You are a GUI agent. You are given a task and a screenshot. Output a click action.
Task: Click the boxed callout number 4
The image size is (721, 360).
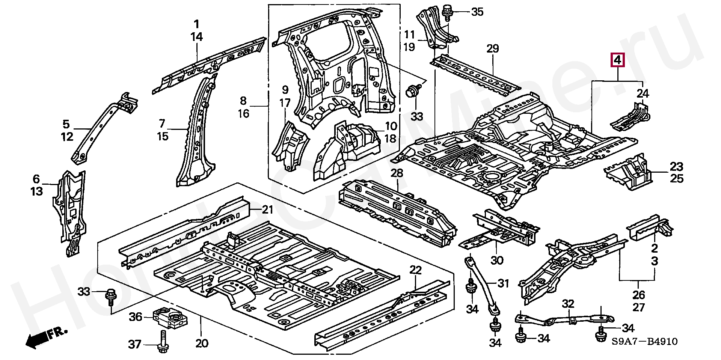pyautogui.click(x=618, y=60)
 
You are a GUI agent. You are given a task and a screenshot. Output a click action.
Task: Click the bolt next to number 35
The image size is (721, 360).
pyautogui.click(x=447, y=12)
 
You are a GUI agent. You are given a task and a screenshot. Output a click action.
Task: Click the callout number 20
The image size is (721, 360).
pyautogui.click(x=202, y=343)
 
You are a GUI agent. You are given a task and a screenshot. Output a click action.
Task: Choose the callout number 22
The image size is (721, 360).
pyautogui.click(x=416, y=270)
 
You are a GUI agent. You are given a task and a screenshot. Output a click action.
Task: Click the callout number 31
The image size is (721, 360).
pyautogui.click(x=503, y=283)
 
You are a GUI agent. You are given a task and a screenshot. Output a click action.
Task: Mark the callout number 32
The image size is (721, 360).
pyautogui.click(x=568, y=304)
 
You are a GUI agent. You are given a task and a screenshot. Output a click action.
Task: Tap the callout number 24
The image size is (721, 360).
pyautogui.click(x=643, y=93)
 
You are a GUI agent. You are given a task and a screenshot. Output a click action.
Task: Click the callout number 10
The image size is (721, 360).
pyautogui.click(x=391, y=126)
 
